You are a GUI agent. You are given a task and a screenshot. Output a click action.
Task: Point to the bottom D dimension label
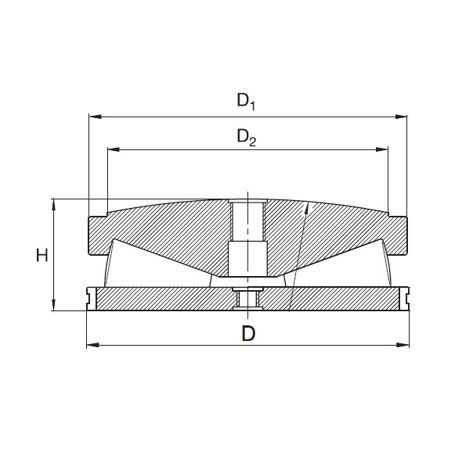(x=247, y=332)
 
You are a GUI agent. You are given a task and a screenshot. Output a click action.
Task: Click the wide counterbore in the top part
(x=247, y=258)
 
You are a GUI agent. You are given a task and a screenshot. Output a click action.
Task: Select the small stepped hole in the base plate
(x=247, y=298)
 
